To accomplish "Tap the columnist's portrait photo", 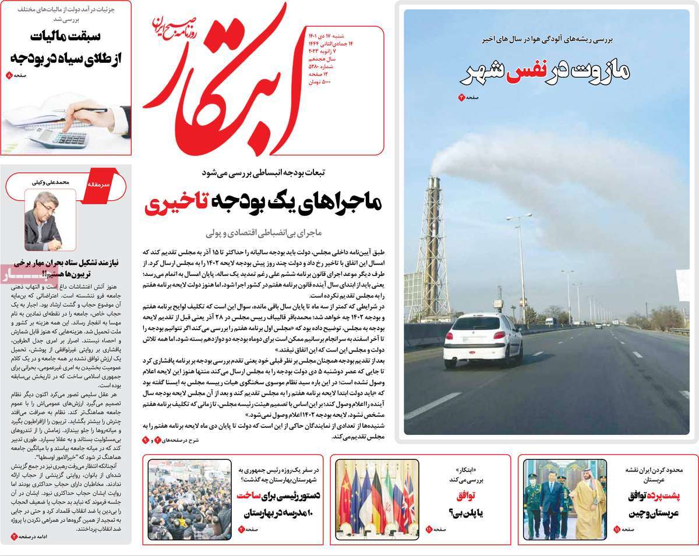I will click(42, 220).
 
